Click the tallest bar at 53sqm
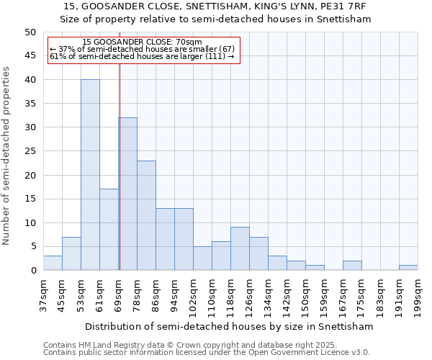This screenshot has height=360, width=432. (90, 175)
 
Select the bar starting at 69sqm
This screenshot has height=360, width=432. (128, 194)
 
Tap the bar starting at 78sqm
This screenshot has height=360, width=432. (146, 215)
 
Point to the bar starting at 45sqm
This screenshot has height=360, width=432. (71, 253)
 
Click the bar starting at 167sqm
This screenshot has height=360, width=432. (352, 266)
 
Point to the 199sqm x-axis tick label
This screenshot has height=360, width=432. (418, 297)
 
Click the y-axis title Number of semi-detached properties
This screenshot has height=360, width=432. (7, 156)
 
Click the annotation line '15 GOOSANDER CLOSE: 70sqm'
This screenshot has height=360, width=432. (142, 42)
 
